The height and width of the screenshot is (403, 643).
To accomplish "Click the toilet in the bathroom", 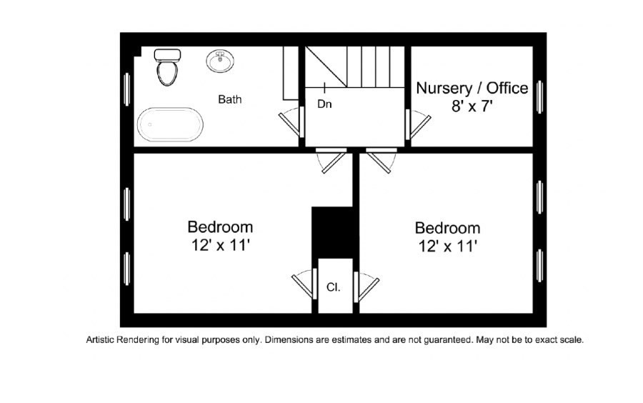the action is (x=167, y=67).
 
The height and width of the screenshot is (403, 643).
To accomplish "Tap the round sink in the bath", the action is (x=220, y=61).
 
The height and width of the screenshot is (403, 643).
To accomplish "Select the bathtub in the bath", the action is (x=170, y=124).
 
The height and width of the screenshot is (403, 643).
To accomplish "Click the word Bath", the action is (x=229, y=99).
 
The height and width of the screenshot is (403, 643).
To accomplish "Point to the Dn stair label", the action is (x=324, y=104).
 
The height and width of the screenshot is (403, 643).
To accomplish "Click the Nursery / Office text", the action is (x=472, y=88).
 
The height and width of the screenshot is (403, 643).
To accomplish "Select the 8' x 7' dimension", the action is (x=472, y=106).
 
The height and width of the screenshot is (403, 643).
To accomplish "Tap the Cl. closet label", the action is (x=334, y=287).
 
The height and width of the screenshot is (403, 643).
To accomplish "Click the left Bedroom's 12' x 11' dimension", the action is (x=221, y=245).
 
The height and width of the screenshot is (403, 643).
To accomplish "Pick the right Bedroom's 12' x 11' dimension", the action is (x=448, y=246).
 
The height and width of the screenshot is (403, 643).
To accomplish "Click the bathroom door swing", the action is (x=291, y=121).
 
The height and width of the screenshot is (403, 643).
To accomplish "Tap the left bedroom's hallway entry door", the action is (x=332, y=160).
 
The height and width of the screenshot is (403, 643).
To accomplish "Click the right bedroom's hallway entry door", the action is (x=382, y=160).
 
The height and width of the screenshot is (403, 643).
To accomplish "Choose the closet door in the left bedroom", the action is (x=304, y=284).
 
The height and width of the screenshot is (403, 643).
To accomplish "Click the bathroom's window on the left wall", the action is (x=127, y=89).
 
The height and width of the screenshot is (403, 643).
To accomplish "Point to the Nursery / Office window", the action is (x=539, y=96).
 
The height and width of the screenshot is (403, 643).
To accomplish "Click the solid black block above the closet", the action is (x=332, y=232).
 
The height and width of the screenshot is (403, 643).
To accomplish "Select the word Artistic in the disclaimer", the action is (x=101, y=340).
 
